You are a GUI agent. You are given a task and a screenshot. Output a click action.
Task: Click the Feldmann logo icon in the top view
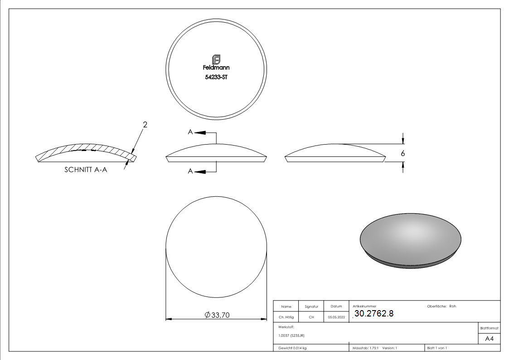click(x=216, y=59)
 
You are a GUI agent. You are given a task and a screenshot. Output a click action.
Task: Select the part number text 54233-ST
click(x=216, y=77)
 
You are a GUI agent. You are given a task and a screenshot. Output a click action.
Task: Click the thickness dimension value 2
click(x=145, y=125)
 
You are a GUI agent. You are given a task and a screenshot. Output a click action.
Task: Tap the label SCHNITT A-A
click(x=86, y=170)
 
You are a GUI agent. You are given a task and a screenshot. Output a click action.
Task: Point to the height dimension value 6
click(x=403, y=153)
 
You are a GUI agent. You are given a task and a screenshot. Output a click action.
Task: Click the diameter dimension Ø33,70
click(x=217, y=315)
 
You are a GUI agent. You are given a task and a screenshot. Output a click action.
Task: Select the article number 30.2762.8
click(x=374, y=314)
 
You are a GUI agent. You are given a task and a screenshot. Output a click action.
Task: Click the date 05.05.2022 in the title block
click(x=336, y=317)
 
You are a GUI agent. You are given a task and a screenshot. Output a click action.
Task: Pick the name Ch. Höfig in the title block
click(x=286, y=317)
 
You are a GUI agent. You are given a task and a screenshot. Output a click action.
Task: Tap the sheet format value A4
click(x=489, y=339)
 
